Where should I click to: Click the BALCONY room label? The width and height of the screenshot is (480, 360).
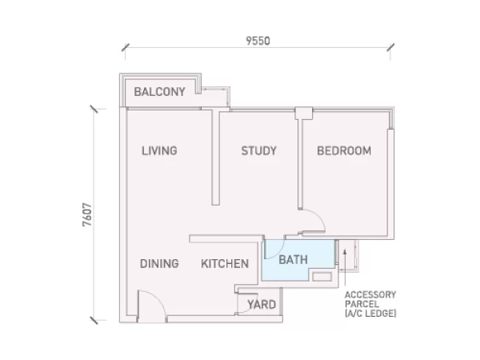click(159, 92)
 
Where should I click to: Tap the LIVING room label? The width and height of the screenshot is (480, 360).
click(159, 150)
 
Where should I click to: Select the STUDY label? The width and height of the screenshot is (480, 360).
click(259, 150)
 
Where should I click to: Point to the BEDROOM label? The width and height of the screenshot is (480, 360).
click(344, 150)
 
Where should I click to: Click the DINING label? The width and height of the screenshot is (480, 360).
click(159, 263)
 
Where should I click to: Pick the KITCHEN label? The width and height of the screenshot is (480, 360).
click(225, 263)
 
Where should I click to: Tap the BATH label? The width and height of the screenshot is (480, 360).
click(294, 259)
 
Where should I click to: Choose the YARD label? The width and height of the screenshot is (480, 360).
click(262, 305)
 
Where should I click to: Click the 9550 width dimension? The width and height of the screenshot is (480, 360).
click(258, 41)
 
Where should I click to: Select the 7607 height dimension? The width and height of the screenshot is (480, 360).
click(87, 214)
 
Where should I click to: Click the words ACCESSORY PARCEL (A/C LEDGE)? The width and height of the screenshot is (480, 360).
click(370, 304)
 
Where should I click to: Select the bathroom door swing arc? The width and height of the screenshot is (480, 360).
click(281, 253)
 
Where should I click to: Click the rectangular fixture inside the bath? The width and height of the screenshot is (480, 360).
click(322, 277)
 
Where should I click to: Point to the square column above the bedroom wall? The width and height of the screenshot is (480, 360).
click(304, 114)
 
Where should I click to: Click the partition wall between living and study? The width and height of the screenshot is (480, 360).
click(215, 158)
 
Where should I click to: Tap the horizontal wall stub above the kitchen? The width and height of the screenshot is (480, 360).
click(226, 238)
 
